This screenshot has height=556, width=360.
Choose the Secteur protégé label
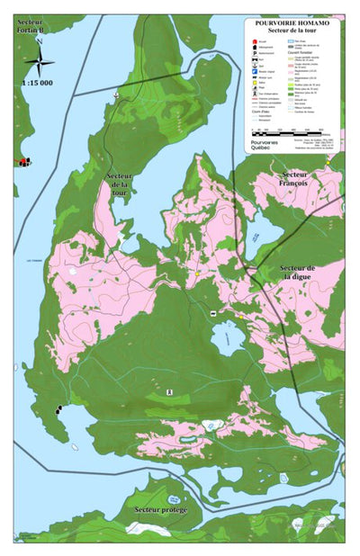tap(160, 510)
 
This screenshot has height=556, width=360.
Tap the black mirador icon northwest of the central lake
tap(212, 312)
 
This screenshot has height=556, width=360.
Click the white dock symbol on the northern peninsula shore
tap(115, 94)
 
